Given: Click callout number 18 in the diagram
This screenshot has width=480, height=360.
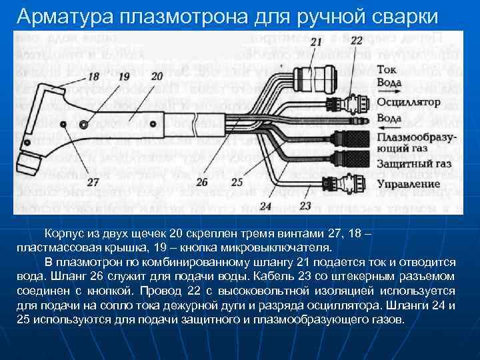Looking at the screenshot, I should (93, 77).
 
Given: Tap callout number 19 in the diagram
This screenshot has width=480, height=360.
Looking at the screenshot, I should (123, 77).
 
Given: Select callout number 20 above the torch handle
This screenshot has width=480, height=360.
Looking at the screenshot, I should (157, 77).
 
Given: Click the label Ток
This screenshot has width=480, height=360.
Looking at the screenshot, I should (388, 69).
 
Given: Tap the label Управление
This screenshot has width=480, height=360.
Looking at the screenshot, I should (407, 182).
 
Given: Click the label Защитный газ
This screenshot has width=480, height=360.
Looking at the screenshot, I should (414, 163).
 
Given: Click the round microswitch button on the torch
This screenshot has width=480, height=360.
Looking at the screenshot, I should (83, 125).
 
